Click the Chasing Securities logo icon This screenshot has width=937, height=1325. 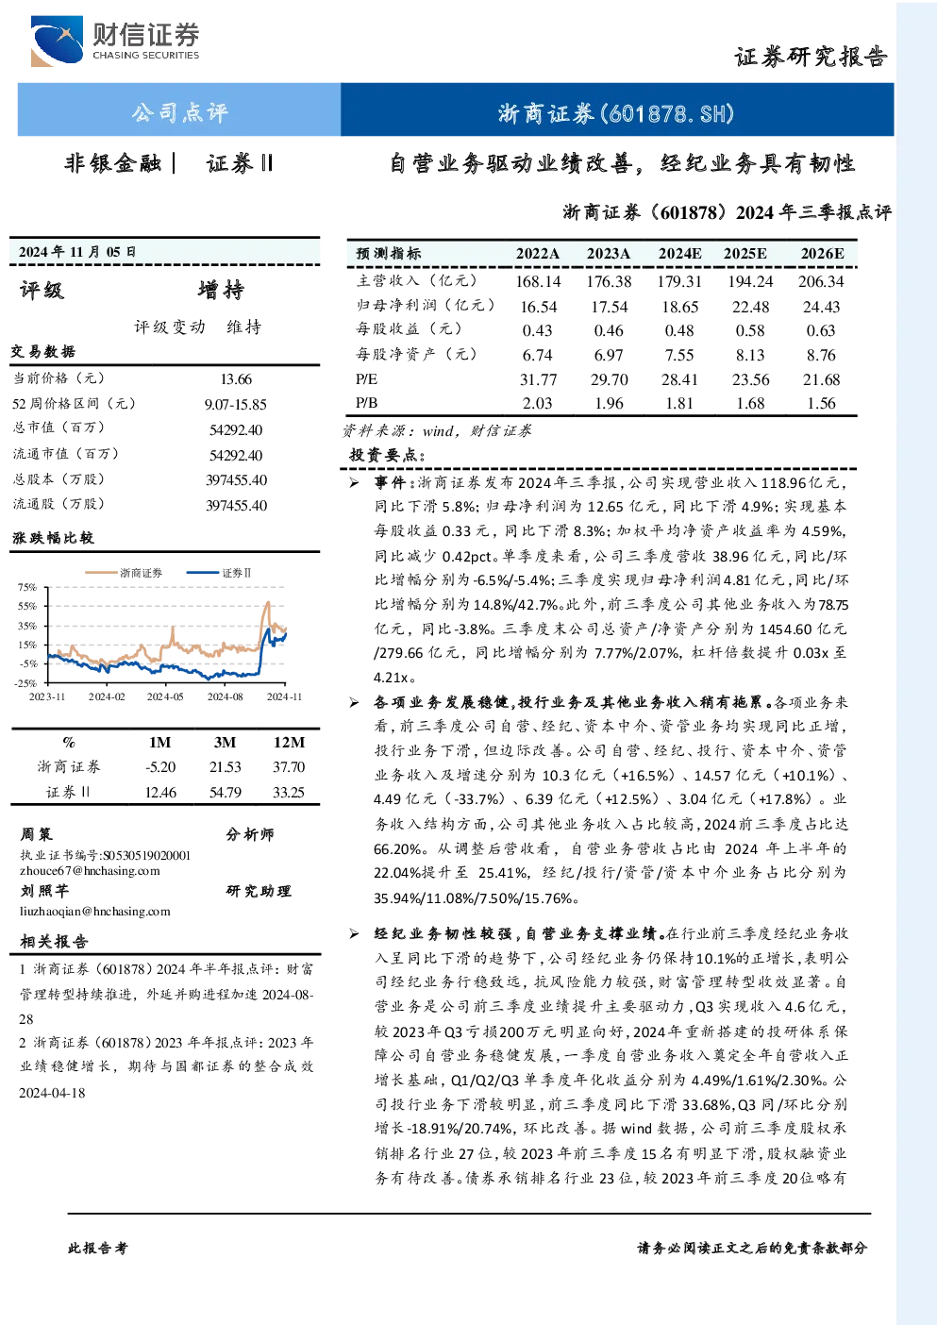[x=57, y=41]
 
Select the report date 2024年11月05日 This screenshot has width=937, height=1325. [x=76, y=252]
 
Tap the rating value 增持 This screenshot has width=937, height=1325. [x=221, y=290]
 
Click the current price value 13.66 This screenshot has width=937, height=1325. [x=236, y=378]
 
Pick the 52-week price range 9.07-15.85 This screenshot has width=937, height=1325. [x=236, y=405]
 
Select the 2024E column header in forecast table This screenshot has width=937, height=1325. [x=679, y=254]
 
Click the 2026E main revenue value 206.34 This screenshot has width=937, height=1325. [x=821, y=281]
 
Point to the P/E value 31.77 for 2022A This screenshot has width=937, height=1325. [x=537, y=379]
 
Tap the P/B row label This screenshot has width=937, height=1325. [x=366, y=403]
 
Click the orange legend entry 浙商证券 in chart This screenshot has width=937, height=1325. [x=124, y=573]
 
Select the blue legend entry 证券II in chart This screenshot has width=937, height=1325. [x=219, y=573]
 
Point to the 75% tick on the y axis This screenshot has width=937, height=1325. [x=27, y=587]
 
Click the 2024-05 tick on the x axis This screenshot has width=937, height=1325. [x=165, y=696]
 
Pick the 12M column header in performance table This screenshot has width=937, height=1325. [x=289, y=743]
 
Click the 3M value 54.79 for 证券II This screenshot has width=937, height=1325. [x=225, y=792]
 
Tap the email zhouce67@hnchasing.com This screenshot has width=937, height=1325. [x=90, y=871]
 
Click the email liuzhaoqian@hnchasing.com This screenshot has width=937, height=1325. [x=94, y=912]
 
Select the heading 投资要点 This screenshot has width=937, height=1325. [x=387, y=455]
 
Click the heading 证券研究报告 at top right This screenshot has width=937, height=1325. [x=811, y=57]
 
